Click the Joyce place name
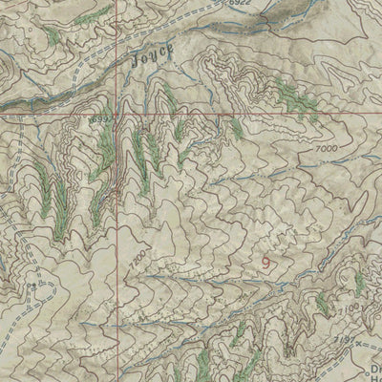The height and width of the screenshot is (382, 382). tap(150, 57)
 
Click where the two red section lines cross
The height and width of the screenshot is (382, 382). tap(119, 113)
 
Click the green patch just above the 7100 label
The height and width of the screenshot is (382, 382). tap(359, 282)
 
